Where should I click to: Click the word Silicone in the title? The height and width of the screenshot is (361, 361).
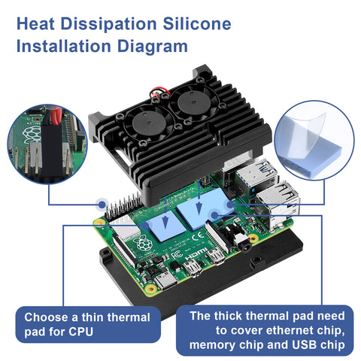click(197, 24)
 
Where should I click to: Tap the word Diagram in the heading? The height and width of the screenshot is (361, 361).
click(153, 47)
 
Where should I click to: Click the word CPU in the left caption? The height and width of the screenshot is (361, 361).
click(80, 332)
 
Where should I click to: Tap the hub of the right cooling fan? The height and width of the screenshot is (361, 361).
click(193, 102)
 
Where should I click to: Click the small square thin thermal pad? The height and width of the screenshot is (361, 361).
click(165, 226)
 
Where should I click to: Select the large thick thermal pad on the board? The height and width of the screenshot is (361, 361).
click(205, 208)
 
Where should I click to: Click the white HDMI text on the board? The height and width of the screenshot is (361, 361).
click(196, 253)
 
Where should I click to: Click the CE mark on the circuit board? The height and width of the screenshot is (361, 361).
click(197, 236)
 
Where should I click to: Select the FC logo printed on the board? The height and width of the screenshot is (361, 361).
click(177, 255)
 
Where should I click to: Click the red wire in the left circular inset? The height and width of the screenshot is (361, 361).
click(56, 115)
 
